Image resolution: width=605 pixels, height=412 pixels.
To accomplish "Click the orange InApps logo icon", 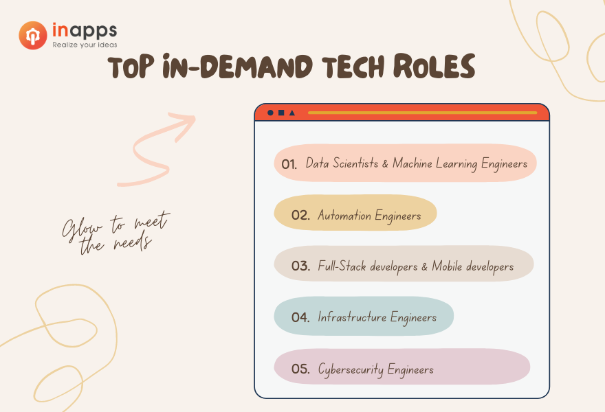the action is (x=33, y=36).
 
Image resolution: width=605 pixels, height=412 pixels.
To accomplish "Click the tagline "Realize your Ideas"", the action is (x=85, y=45).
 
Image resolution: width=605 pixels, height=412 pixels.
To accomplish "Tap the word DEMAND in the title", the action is (x=256, y=67).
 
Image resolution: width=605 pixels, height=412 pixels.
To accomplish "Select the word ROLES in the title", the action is (x=434, y=66).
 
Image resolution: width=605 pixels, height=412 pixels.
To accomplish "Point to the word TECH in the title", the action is (x=353, y=67).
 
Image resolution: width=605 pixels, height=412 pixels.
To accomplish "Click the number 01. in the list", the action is (x=289, y=165).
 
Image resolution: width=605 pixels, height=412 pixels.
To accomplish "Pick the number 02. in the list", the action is (x=300, y=215).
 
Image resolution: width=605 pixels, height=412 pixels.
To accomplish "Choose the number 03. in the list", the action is (x=300, y=266).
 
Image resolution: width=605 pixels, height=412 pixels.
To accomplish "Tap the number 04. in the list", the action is (x=300, y=317).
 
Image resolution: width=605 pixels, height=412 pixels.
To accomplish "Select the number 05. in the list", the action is (x=300, y=369).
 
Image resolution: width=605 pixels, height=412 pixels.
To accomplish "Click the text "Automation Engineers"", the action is (x=369, y=216).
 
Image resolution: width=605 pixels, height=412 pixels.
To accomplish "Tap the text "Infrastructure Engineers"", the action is (x=377, y=317).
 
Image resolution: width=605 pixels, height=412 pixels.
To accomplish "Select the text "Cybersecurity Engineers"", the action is (x=376, y=369).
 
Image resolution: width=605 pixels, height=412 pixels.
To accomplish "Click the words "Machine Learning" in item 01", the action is (x=434, y=164).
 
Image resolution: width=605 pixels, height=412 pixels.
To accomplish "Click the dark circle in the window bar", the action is (x=270, y=113).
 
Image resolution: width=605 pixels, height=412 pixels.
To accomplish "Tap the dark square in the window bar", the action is (x=281, y=113).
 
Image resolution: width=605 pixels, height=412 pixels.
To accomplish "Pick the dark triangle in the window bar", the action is (x=292, y=113).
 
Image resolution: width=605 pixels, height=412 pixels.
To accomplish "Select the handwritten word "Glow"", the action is (x=82, y=230).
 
